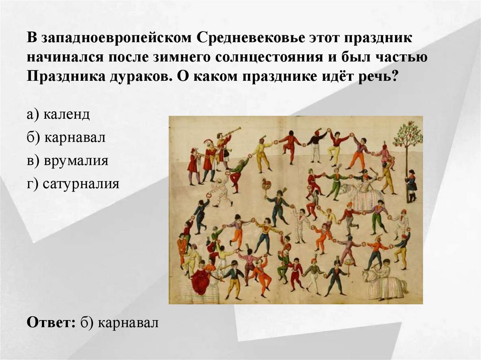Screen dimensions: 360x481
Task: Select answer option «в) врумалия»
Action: tap(68, 161)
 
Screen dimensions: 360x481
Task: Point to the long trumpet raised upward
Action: tap(232, 132)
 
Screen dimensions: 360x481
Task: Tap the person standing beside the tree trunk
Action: tap(411, 186)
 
